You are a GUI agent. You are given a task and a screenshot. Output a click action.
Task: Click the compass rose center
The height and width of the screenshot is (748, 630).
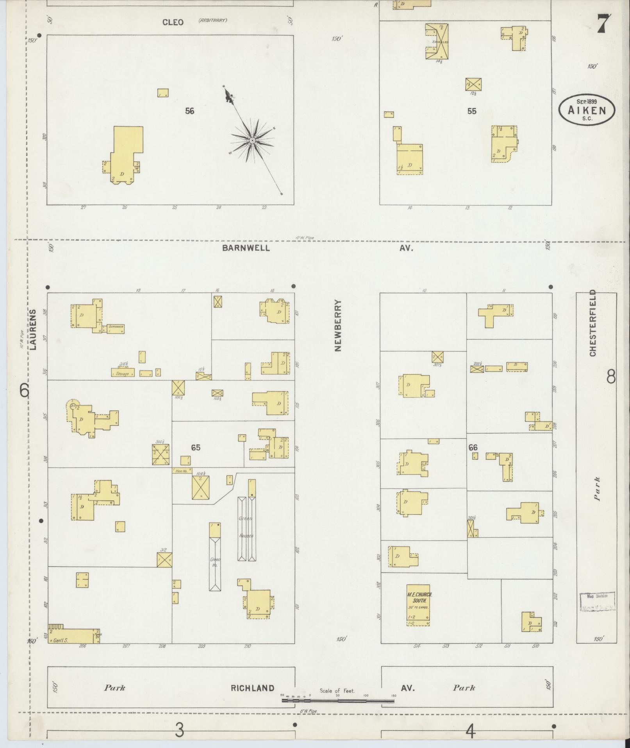point(252,140)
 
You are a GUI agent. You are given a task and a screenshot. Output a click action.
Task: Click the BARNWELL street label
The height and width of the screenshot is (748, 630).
point(246,248)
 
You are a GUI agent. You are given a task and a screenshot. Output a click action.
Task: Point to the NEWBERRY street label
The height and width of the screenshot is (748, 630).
point(338,326)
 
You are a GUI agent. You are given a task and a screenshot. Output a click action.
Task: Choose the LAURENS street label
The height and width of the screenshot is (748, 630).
point(34,329)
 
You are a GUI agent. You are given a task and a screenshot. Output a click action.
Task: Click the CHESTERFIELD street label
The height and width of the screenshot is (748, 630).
point(593,323)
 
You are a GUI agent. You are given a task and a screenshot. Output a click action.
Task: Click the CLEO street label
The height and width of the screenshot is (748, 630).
point(173,22)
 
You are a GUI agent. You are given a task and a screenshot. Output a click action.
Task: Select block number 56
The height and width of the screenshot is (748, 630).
point(189,111)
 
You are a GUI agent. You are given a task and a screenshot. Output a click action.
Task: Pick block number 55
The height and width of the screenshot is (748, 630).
point(472,111)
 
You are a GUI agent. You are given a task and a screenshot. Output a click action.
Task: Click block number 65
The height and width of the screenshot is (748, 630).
point(196,447)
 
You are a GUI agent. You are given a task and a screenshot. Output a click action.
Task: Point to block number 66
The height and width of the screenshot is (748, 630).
point(473,447)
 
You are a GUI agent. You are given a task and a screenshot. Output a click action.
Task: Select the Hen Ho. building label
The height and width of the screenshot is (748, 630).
point(182,471)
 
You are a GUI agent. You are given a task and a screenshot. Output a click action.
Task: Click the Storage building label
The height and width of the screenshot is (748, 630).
point(123,373)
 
